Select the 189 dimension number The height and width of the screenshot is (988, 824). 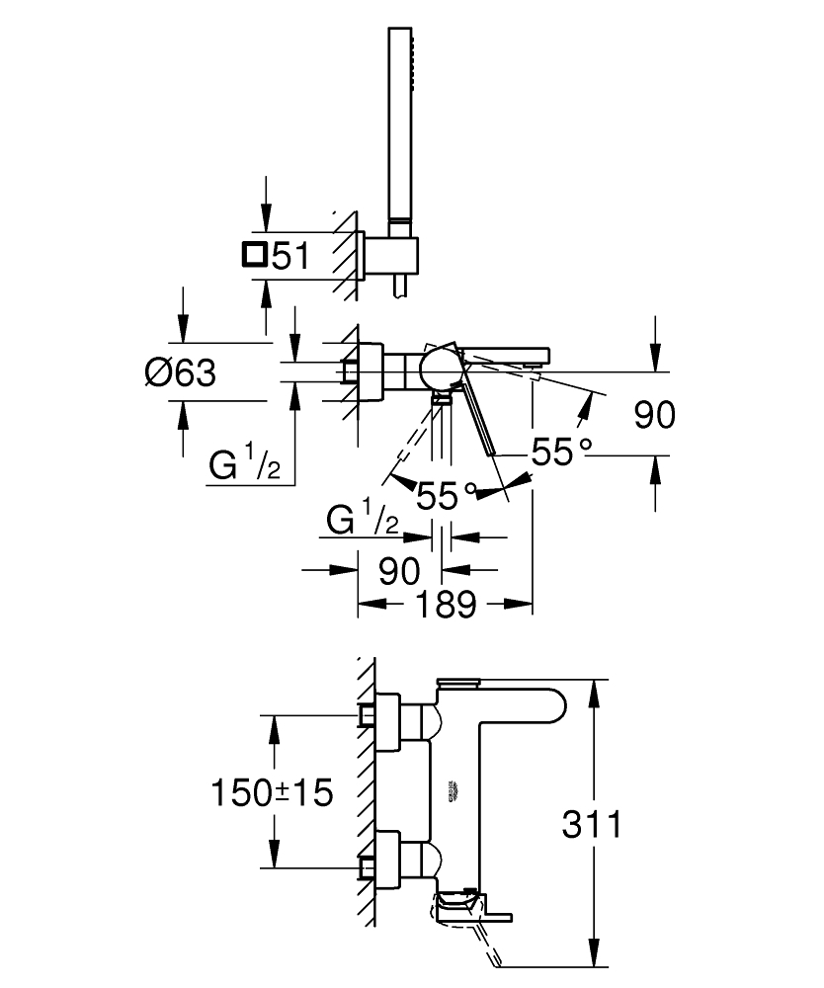(x=446, y=605)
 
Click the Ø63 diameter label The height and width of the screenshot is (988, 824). (x=180, y=373)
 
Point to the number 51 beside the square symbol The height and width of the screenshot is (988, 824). (x=290, y=257)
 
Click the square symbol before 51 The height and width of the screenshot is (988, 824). (x=254, y=256)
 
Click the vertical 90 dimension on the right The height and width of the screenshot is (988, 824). (x=654, y=415)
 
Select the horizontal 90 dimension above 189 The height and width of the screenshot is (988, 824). (x=398, y=570)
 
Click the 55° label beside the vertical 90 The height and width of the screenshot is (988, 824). (x=561, y=453)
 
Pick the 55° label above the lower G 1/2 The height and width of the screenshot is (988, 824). (x=447, y=494)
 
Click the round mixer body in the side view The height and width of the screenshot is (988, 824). (x=437, y=370)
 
